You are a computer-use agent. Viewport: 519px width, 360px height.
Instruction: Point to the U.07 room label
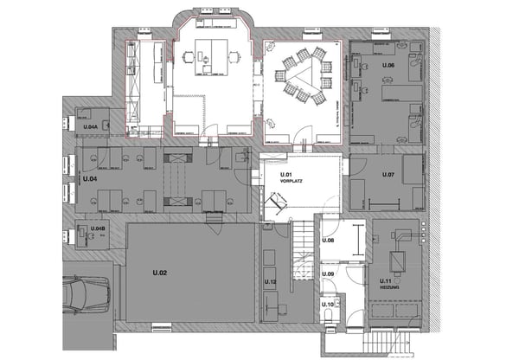pos(388,175)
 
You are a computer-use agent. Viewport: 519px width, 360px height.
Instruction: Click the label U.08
pos(328,240)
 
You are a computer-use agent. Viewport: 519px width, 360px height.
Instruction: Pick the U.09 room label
pos(328,274)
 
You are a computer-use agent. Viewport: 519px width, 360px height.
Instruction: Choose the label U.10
pos(328,305)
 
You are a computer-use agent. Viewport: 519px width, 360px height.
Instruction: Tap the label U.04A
pos(90,127)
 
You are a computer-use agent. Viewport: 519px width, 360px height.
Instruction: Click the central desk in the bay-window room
pos(209,54)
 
